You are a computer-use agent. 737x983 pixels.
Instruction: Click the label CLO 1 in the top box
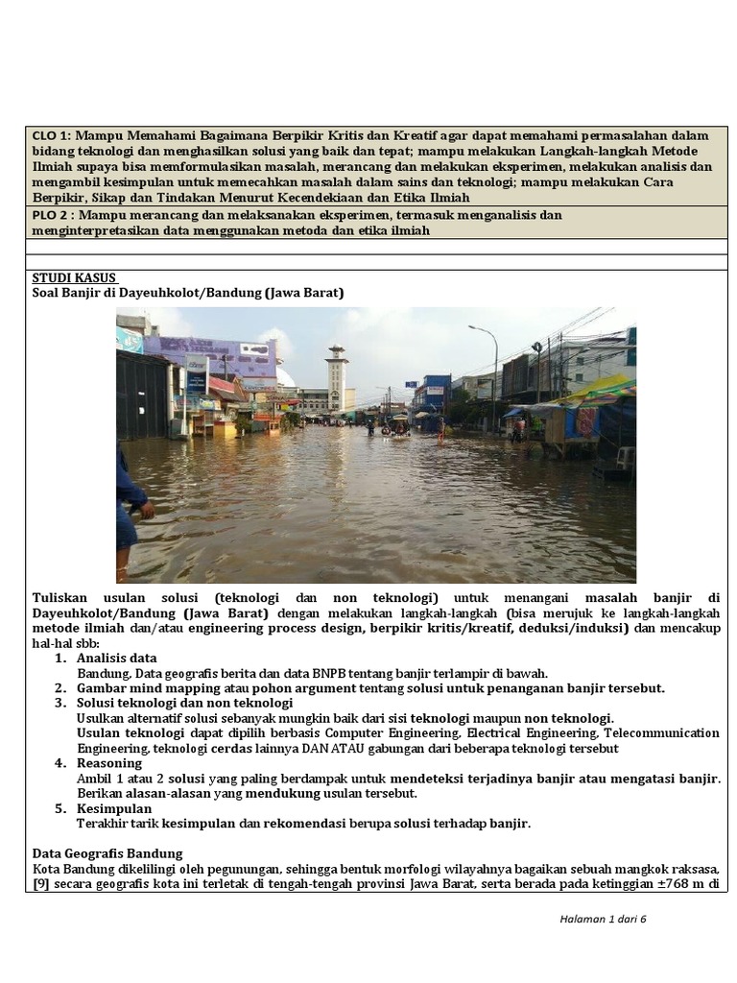(x=51, y=135)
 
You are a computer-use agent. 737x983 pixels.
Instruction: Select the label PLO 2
(x=51, y=215)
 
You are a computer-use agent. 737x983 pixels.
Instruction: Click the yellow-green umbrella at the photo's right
(x=600, y=390)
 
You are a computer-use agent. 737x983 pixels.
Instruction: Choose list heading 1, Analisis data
(x=116, y=658)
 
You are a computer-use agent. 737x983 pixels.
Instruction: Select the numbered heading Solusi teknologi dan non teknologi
(x=184, y=703)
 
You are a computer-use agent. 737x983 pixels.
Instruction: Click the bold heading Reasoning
(x=108, y=762)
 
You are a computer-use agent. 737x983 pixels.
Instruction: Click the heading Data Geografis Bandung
(x=107, y=852)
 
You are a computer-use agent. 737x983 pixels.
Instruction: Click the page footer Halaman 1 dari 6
(x=604, y=919)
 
